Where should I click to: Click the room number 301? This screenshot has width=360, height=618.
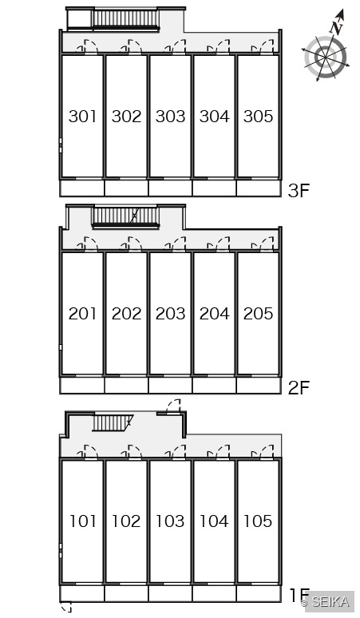[x=82, y=117]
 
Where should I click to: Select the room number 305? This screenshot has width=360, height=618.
[x=258, y=117]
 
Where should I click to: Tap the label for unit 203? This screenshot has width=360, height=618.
[x=170, y=314]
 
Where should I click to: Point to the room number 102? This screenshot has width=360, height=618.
[x=126, y=521]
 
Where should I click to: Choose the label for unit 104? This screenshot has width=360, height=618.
[x=214, y=521]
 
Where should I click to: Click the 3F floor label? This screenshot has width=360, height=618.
[x=299, y=191]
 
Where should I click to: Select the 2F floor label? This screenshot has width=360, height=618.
[x=299, y=388]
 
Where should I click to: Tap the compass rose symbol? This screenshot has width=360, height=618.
[x=326, y=57]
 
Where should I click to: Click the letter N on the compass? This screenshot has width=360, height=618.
[x=336, y=28]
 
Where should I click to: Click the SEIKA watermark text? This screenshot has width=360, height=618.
[x=330, y=601]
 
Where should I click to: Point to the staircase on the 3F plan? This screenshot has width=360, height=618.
[x=125, y=19]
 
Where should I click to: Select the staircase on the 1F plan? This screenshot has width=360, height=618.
[x=113, y=423]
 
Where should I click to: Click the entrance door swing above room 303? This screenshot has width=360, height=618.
[x=176, y=46]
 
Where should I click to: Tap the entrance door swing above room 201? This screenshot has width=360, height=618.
[x=87, y=244]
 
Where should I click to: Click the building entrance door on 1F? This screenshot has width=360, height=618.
[x=173, y=406]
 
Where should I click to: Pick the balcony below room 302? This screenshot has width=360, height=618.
[x=126, y=188]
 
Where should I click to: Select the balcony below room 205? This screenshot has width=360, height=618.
[x=259, y=386]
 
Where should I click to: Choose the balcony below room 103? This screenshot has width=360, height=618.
[x=170, y=593]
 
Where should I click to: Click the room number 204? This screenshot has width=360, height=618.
[x=214, y=314]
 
